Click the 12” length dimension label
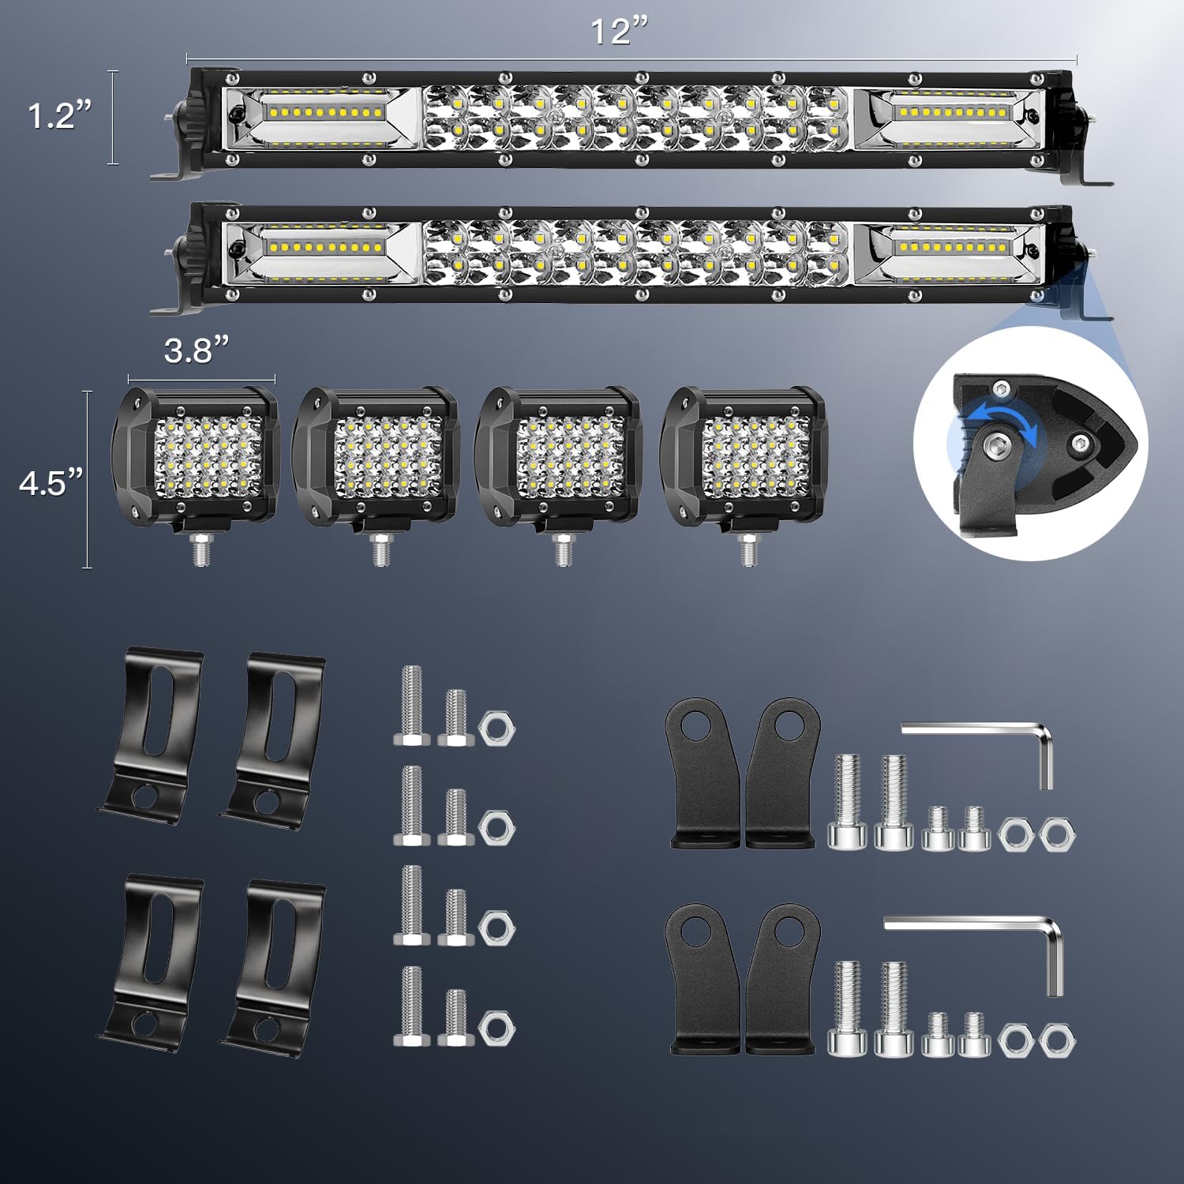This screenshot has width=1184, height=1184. pyautogui.click(x=620, y=32)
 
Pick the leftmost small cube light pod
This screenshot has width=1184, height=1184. pyautogui.click(x=195, y=456)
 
